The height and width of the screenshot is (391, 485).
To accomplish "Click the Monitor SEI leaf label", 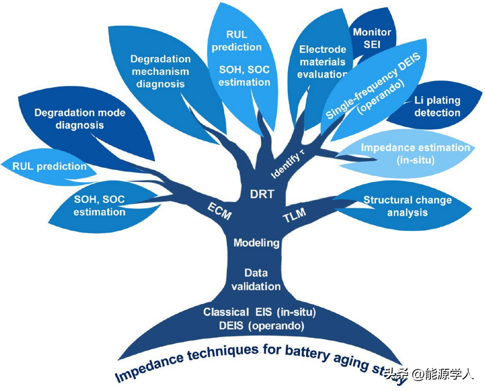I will [x=372, y=38].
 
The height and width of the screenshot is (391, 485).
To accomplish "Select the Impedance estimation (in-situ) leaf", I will [x=415, y=153].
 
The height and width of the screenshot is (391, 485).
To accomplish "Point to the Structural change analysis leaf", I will [x=407, y=206].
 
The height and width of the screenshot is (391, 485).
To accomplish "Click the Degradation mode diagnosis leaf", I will [x=80, y=119].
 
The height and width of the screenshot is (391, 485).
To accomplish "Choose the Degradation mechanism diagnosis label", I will [x=160, y=71].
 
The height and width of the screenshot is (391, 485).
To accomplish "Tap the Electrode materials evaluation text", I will [x=323, y=62].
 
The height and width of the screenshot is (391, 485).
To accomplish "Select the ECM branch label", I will [x=219, y=211].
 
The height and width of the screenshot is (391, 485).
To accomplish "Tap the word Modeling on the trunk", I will [x=257, y=243].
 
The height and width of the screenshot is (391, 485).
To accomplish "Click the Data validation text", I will [x=256, y=279].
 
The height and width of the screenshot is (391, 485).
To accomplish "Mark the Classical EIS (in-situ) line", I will [x=259, y=312].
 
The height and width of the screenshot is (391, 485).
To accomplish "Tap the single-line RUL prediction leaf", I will [x=49, y=166].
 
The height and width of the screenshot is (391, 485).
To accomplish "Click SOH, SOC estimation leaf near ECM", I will [x=99, y=205].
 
